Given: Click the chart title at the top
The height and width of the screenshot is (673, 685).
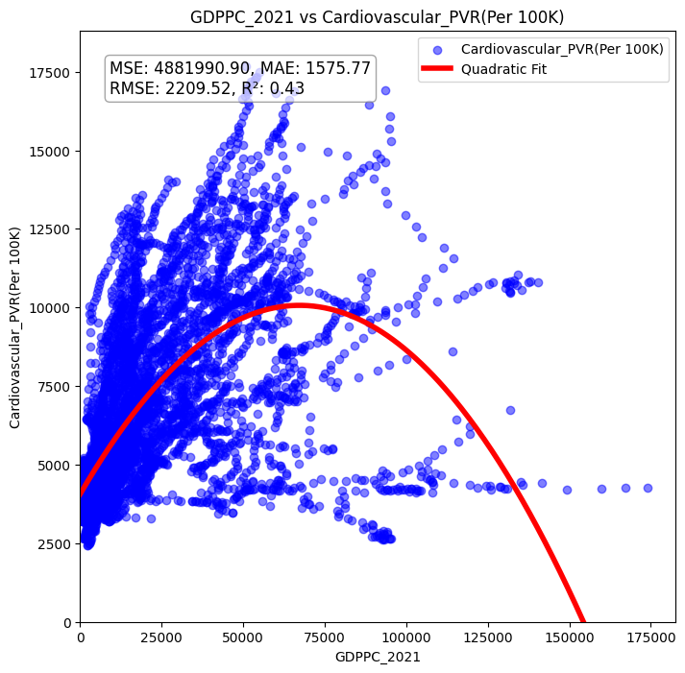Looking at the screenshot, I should [x=377, y=16].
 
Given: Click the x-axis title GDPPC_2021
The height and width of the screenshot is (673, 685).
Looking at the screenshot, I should [x=377, y=657].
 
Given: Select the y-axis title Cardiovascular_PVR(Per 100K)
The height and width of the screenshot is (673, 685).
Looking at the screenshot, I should [x=15, y=326].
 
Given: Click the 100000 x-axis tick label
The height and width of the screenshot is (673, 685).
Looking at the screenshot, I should [x=406, y=637].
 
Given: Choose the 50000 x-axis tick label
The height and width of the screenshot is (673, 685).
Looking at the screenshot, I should [x=243, y=637].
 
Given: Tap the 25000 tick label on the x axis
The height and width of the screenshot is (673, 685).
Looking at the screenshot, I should [x=161, y=637].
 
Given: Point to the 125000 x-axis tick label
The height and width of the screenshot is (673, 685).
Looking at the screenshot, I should [x=488, y=637].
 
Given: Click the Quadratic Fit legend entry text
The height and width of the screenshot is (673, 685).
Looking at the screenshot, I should [x=501, y=69].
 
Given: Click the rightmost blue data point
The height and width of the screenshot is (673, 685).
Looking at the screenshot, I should [x=648, y=488].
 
